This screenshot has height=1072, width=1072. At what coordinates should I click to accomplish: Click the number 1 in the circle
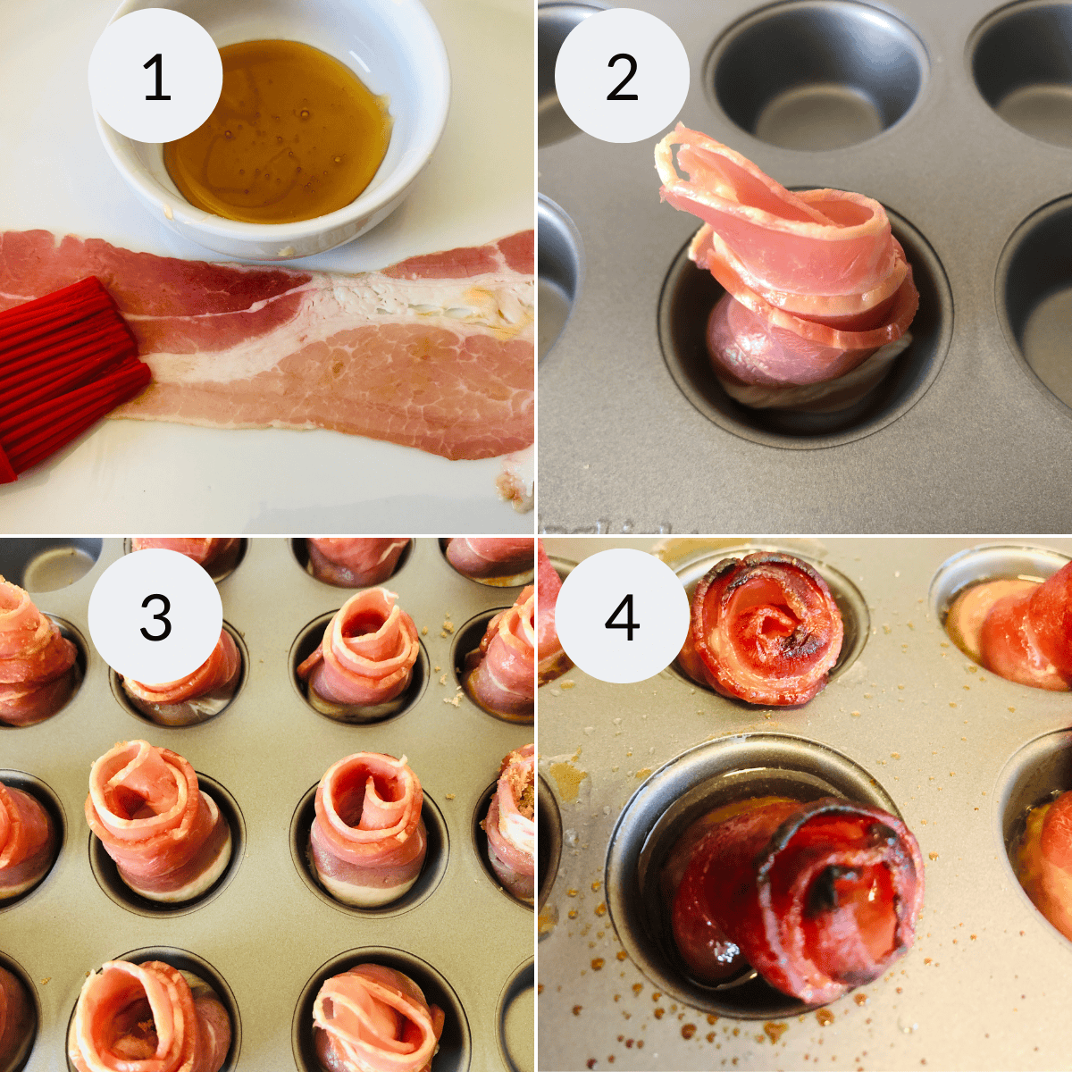156,78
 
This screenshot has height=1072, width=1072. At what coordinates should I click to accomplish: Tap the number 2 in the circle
622,78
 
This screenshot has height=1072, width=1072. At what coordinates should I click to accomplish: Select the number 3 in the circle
155,616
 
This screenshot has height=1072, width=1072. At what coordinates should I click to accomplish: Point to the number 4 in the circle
622,616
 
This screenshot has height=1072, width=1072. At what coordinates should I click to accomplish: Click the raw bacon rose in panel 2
795,286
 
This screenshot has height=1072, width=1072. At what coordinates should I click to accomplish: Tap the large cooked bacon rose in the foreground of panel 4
804,893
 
